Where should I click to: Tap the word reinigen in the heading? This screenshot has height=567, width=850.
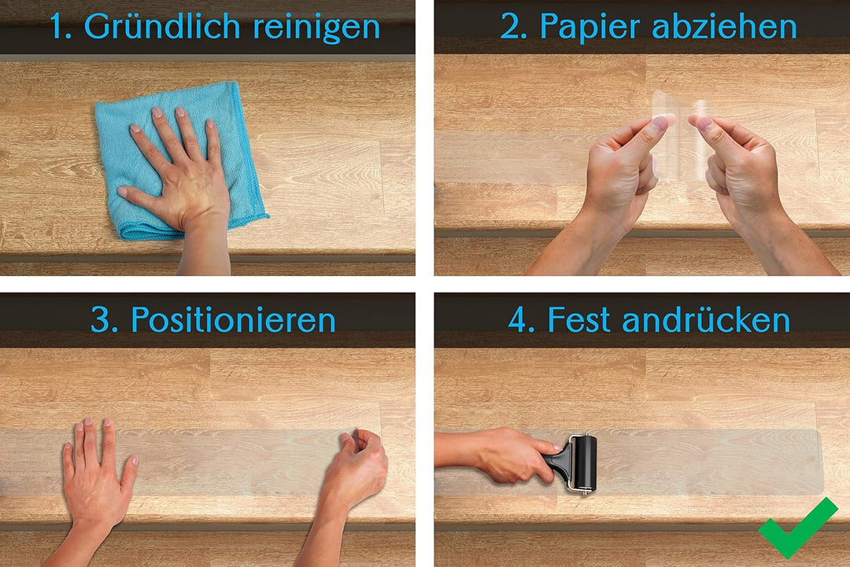click(x=317, y=28)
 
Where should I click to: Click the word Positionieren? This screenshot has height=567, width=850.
click(x=234, y=320)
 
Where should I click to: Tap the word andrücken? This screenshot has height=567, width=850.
click(x=706, y=320)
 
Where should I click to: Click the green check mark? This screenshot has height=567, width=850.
click(x=796, y=530)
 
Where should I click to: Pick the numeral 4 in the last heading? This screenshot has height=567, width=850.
click(x=519, y=320)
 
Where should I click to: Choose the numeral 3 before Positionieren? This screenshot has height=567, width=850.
click(x=102, y=320)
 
